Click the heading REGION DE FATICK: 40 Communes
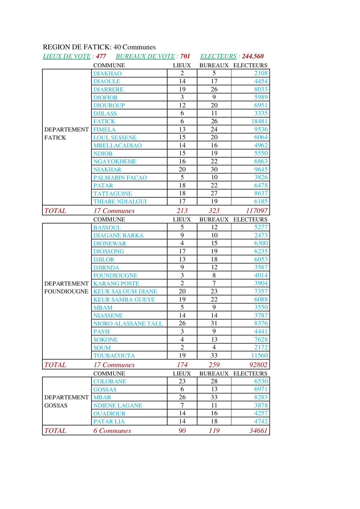(x=99, y=47)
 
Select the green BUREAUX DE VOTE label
(x=145, y=56)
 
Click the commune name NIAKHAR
(x=107, y=169)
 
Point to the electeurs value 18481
(x=259, y=121)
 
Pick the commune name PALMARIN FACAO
(x=120, y=178)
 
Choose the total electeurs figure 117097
(x=256, y=211)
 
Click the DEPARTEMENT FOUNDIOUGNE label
(x=66, y=287)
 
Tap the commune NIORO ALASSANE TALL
(x=128, y=324)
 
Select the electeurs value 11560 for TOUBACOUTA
(x=259, y=355)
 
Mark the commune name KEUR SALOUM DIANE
(x=125, y=291)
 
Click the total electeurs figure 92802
(x=258, y=365)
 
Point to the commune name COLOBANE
(x=109, y=381)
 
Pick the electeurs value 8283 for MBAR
(x=261, y=397)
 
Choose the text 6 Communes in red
(x=112, y=431)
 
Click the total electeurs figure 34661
(x=258, y=431)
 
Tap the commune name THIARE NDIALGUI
(x=120, y=201)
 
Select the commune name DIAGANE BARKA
(x=118, y=235)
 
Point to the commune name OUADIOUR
(x=109, y=414)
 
